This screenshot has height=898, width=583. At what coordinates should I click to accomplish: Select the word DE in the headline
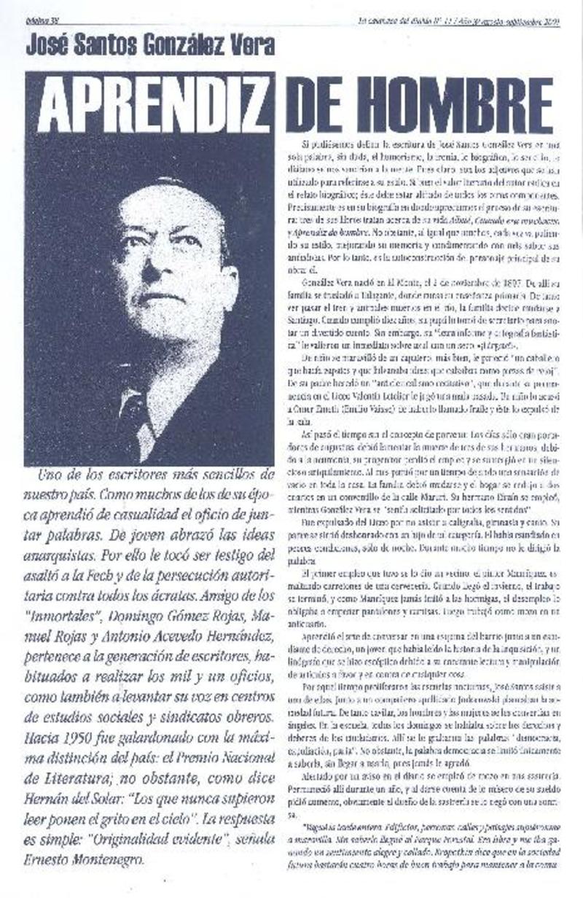[314, 106]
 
